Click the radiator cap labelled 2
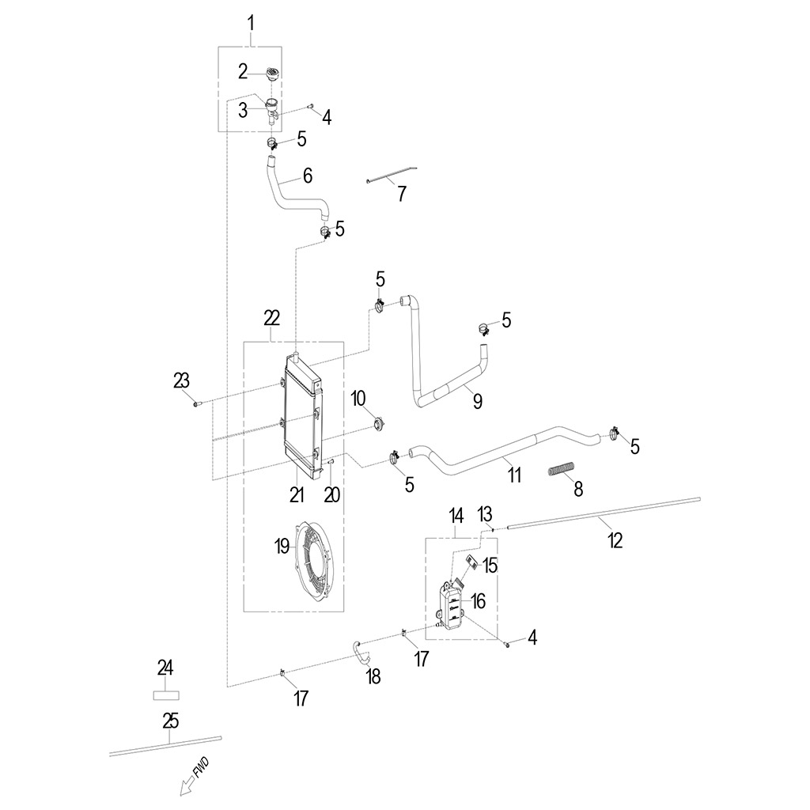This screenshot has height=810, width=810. pyautogui.click(x=273, y=74)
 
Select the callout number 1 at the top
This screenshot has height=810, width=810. pyautogui.click(x=251, y=24)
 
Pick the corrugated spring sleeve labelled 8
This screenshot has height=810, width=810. pyautogui.click(x=561, y=468)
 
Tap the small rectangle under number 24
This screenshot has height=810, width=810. pyautogui.click(x=166, y=695)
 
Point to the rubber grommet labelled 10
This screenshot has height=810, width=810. pyautogui.click(x=380, y=425)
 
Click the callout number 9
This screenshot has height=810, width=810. pyautogui.click(x=477, y=400)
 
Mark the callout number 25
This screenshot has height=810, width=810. pyautogui.click(x=171, y=721)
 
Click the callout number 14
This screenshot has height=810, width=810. pyautogui.click(x=456, y=516)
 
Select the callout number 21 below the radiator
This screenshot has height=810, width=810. pyautogui.click(x=297, y=495)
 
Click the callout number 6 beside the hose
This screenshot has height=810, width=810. pyautogui.click(x=308, y=176)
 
